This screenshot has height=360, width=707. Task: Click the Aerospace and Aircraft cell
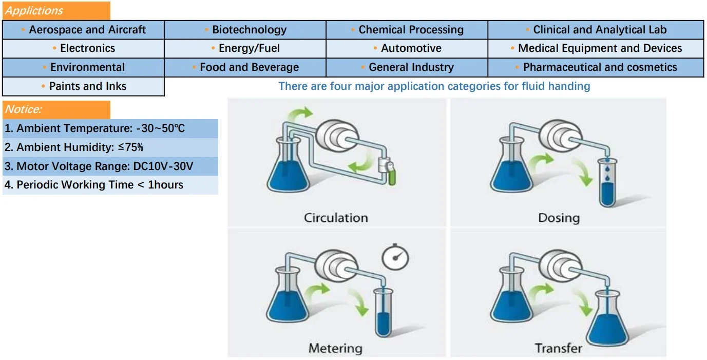[83, 30]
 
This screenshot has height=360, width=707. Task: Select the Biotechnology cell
[245, 30]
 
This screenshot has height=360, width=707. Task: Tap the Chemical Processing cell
[407, 30]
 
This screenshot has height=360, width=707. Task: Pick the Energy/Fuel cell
[245, 48]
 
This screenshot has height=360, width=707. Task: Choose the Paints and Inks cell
[83, 86]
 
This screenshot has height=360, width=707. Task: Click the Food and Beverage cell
[245, 67]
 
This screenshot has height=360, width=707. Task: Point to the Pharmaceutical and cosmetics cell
[596, 67]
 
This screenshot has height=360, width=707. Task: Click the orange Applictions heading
[56, 11]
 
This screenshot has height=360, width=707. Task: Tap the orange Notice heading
[56, 109]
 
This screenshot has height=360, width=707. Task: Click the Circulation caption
[336, 218]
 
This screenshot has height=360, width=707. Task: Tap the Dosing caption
[559, 218]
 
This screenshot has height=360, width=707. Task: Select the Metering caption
[335, 348]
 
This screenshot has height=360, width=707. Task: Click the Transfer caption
[558, 348]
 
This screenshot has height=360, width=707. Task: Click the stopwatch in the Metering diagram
[395, 257]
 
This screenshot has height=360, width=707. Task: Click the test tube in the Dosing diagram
[607, 182]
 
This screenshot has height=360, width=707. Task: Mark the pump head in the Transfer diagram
[561, 265]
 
